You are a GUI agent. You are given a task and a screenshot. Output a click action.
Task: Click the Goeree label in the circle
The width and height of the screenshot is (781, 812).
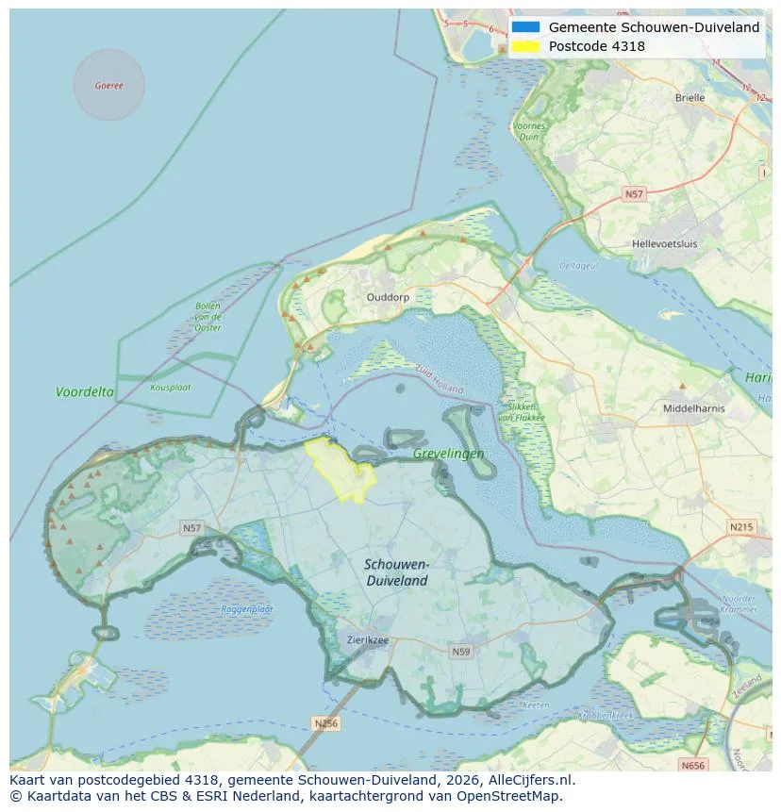click(x=108, y=86)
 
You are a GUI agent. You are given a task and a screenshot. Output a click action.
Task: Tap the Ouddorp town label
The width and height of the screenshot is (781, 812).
click(x=388, y=296)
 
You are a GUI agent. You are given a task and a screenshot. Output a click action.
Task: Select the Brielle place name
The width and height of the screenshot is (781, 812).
click(x=690, y=97)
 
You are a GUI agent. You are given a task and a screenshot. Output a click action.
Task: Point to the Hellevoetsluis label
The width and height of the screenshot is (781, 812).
click(x=664, y=243)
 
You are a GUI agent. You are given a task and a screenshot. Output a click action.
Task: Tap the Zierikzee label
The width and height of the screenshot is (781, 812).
click(x=367, y=639)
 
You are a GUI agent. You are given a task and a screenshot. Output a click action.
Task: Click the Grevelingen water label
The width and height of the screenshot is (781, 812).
click(x=448, y=454)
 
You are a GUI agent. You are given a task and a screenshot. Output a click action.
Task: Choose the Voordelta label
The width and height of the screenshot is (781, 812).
click(x=85, y=391)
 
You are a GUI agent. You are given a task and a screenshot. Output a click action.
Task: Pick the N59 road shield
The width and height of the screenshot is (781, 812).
click(x=460, y=652)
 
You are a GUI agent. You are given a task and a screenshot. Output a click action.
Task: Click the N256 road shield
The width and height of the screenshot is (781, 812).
click(x=325, y=723)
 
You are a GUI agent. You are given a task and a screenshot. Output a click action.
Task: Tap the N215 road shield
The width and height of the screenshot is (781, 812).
click(x=740, y=526)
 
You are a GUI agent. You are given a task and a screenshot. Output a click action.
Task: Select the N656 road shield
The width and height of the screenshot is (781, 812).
click(x=693, y=766)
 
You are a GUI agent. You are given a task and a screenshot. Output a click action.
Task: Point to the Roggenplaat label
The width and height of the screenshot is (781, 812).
click(x=246, y=609)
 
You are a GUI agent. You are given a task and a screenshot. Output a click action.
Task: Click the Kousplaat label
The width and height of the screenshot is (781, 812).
click(x=170, y=387)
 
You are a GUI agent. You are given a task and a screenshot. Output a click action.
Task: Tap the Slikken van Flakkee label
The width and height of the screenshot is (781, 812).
click(x=517, y=411)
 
